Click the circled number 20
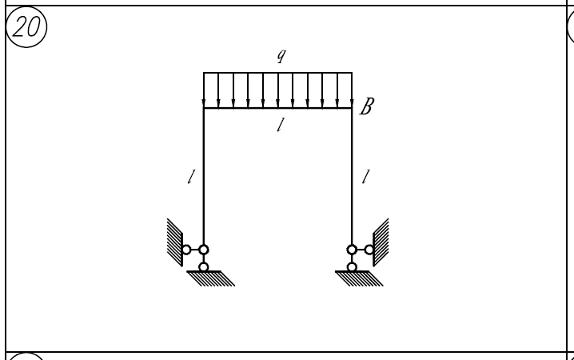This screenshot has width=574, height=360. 26,26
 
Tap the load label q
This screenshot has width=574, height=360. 281,56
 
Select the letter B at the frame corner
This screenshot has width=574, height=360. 367,106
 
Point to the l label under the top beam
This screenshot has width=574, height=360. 281,125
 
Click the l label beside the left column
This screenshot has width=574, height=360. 191,177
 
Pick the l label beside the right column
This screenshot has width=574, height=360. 365,177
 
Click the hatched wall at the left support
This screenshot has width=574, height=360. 174,242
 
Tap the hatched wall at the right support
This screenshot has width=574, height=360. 381,242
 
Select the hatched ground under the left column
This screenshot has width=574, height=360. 211,278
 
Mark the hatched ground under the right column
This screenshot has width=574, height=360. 360,278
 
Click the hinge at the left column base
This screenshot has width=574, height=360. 204,250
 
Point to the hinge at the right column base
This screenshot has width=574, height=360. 352,250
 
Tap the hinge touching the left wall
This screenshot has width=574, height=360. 186,250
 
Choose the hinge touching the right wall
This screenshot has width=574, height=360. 369,250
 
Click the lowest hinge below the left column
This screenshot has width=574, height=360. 204,267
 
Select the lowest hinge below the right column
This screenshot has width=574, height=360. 352,267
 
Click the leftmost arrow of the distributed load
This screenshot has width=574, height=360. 204,90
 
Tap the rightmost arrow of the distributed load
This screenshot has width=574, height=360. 352,90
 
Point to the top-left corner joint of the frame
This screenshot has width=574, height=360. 204,109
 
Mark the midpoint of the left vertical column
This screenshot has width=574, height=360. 204,177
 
